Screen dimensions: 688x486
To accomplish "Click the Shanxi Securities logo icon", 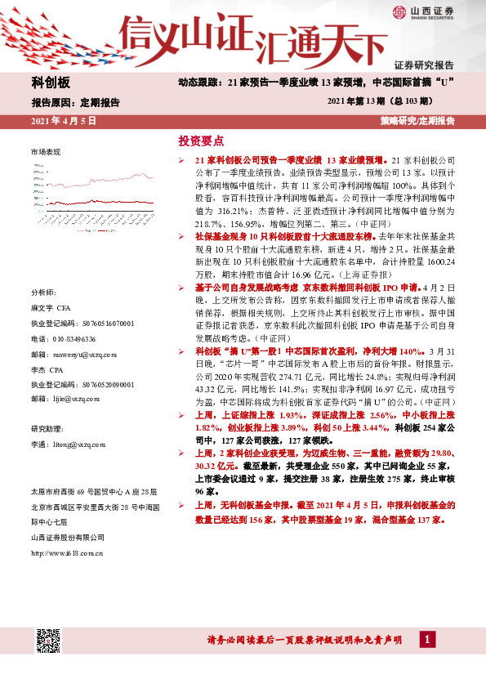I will [x=399, y=11].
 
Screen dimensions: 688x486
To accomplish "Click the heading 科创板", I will [x=51, y=83].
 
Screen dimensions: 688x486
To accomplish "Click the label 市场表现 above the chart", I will [x=46, y=153].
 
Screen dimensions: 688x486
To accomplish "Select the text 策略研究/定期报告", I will [x=417, y=121].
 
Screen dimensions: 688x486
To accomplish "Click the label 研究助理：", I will [x=47, y=428].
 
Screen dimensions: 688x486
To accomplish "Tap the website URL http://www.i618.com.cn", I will [x=67, y=553].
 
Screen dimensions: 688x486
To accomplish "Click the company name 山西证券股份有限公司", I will [x=68, y=537].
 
